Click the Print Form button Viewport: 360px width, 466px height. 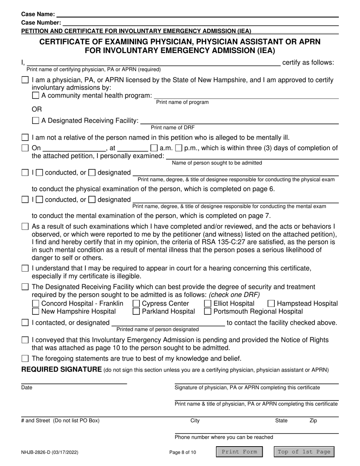click(239, 452)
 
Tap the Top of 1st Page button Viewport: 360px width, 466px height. click(304, 452)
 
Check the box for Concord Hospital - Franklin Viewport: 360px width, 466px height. click(36, 303)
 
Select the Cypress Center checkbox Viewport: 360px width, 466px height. click(136, 303)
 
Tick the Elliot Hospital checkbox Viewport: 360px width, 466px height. click(208, 303)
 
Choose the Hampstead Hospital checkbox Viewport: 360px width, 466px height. click(271, 303)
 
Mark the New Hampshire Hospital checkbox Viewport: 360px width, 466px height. click(36, 311)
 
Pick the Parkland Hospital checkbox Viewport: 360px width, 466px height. click(136, 311)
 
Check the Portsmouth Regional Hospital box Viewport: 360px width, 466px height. click(208, 311)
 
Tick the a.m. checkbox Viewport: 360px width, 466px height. click(154, 148)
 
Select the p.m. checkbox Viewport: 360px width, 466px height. click(179, 148)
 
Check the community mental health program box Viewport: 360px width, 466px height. click(36, 95)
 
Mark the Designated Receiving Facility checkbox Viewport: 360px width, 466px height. click(36, 121)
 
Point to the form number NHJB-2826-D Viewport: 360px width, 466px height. click(50, 452)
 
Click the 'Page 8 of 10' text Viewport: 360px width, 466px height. click(183, 452)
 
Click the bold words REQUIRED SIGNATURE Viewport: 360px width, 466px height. click(61, 370)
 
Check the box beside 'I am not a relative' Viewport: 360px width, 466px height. click(25, 137)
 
